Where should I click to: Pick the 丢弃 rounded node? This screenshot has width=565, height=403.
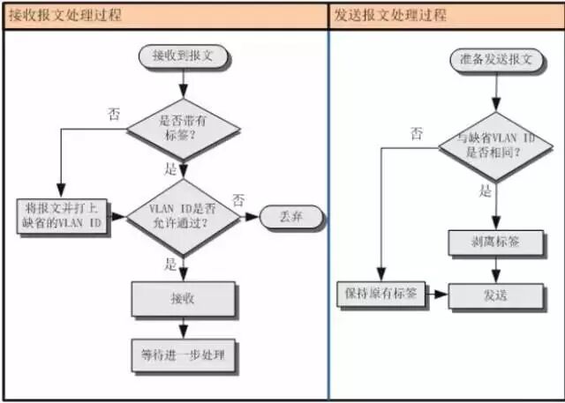(290, 216)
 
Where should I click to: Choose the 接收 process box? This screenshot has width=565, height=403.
(183, 299)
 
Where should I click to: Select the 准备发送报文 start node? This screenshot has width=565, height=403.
(496, 61)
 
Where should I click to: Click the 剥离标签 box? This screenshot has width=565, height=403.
(496, 243)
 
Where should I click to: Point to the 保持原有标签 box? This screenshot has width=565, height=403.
(381, 295)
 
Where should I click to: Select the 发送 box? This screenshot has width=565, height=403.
(496, 295)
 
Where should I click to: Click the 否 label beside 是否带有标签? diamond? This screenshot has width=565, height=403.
(113, 114)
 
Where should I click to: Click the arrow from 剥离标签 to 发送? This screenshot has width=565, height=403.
(496, 269)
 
